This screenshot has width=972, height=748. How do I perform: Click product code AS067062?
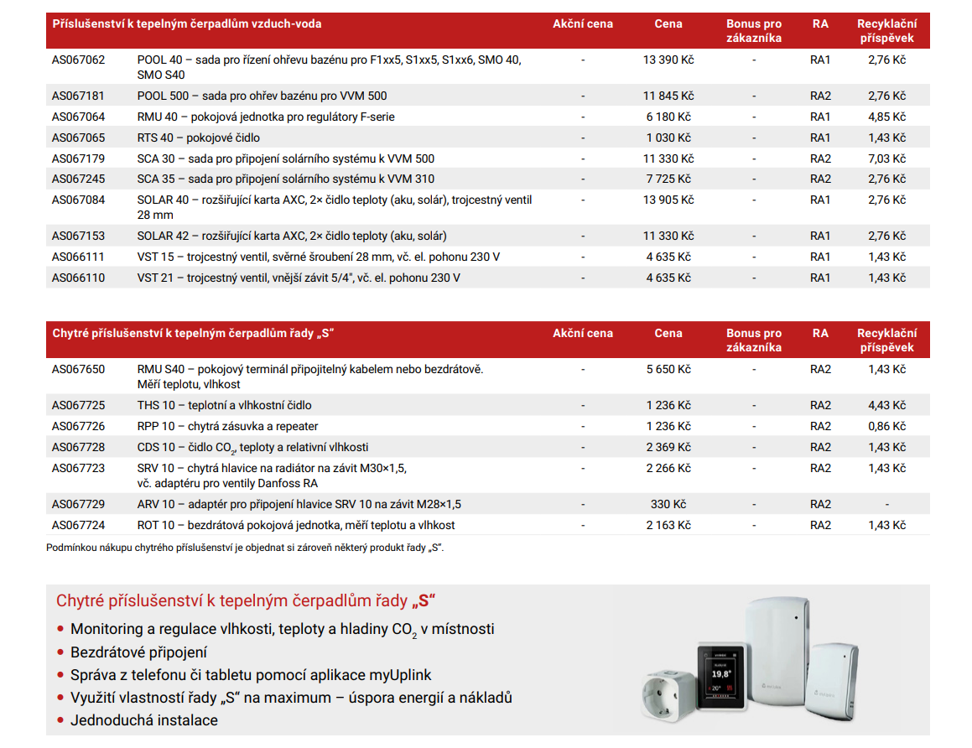click(x=79, y=60)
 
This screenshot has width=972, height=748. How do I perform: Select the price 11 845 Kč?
click(x=668, y=96)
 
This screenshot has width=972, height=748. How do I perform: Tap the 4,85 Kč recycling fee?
click(x=886, y=117)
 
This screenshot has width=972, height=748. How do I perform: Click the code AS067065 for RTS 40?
click(x=79, y=138)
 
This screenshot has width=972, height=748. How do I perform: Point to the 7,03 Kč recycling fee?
click(x=886, y=159)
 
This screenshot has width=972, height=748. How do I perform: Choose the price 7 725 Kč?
click(x=668, y=179)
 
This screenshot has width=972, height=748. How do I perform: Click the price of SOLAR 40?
click(x=668, y=200)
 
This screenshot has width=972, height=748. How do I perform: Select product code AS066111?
click(x=79, y=257)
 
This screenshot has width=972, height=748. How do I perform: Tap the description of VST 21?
click(x=299, y=278)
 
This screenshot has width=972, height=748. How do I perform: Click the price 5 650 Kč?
click(x=668, y=370)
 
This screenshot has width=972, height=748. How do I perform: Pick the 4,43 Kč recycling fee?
click(x=886, y=406)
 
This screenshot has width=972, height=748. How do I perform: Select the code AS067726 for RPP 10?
click(x=79, y=427)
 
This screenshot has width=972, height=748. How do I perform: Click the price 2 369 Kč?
click(x=668, y=448)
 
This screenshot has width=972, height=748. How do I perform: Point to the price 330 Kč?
click(x=668, y=505)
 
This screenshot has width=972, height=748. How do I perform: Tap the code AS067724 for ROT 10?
click(x=79, y=526)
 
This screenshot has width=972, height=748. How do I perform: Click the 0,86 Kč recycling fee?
click(x=886, y=427)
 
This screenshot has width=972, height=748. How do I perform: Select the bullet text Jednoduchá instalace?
click(x=143, y=720)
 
